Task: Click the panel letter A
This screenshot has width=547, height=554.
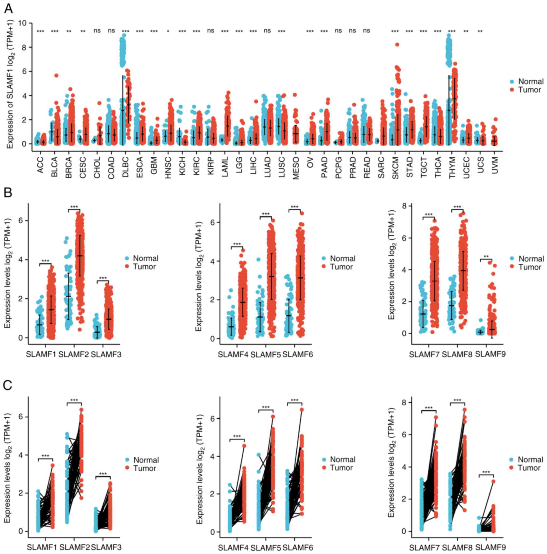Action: (x=9, y=9)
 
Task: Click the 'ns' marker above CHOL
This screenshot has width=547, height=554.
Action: (x=97, y=30)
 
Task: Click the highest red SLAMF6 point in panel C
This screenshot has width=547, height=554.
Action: (x=302, y=410)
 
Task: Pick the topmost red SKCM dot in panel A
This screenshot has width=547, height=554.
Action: (x=397, y=44)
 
